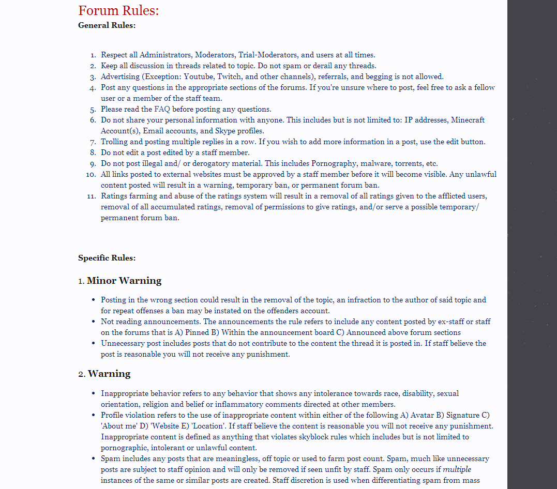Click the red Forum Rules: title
click(x=118, y=10)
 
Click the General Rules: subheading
click(x=107, y=25)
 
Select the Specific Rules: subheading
click(x=107, y=258)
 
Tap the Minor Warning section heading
click(x=124, y=281)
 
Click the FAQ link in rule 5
click(x=162, y=109)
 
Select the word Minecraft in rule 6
click(x=468, y=120)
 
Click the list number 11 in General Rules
click(x=92, y=196)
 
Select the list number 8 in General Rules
click(x=93, y=152)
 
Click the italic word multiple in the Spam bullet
click(x=457, y=469)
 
